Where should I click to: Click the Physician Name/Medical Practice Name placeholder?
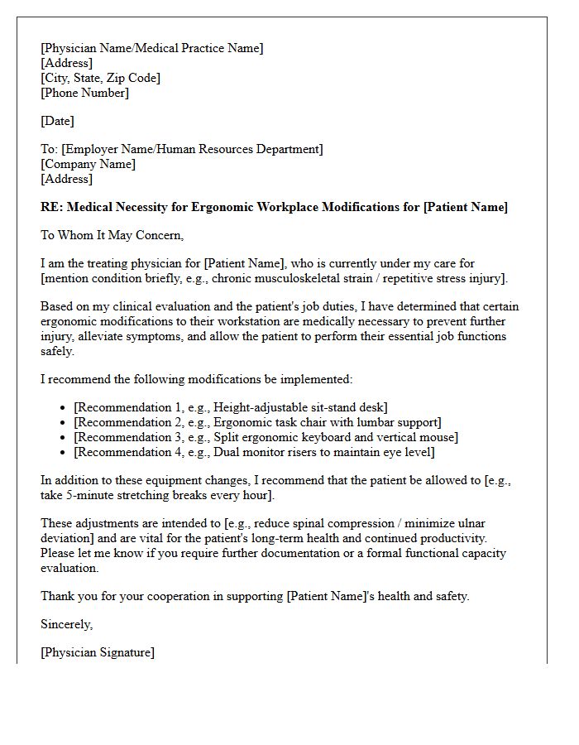152,48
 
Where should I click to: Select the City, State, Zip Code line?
101,78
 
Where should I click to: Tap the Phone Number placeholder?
85,93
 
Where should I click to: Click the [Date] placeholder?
58,121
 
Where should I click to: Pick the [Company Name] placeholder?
89,164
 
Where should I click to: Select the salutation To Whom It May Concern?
112,235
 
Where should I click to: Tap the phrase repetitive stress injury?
441,278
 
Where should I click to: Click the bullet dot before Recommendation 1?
64,407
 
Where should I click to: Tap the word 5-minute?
90,495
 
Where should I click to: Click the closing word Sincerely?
67,624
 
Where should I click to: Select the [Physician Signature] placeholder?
98,652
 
